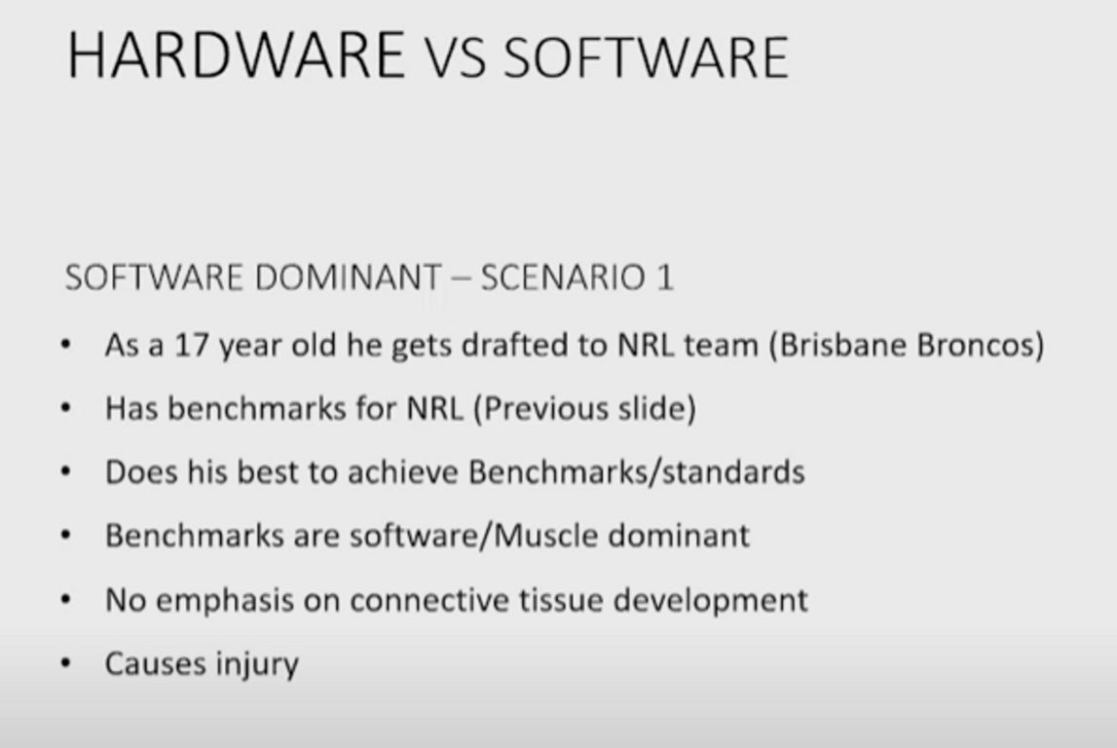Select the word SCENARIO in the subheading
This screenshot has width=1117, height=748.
(x=563, y=278)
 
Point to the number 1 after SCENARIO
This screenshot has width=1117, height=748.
(x=665, y=278)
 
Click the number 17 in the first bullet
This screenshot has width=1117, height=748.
(x=192, y=346)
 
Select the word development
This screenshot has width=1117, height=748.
(x=710, y=601)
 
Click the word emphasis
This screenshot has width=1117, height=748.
(x=224, y=601)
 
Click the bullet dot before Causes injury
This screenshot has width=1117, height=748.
(x=66, y=664)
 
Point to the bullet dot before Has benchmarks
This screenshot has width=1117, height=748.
(x=66, y=409)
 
